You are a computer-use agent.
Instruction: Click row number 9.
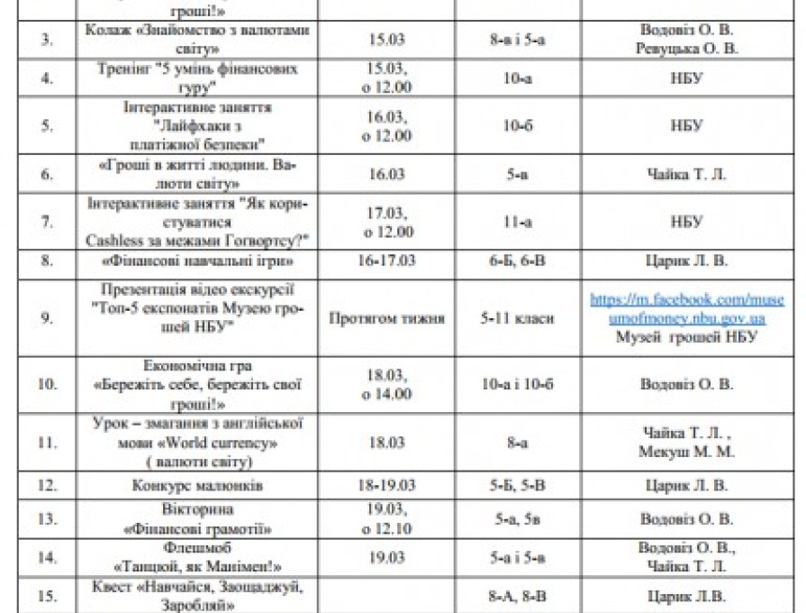click(46, 317)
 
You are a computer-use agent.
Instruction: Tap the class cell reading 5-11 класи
click(518, 317)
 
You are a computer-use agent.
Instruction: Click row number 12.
click(46, 486)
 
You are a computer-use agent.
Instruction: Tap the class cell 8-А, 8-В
click(518, 596)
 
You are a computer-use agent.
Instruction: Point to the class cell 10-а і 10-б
click(518, 385)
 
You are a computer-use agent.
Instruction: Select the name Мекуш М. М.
click(686, 452)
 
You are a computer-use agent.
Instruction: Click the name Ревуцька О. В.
click(686, 49)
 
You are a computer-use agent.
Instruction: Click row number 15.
click(46, 596)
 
